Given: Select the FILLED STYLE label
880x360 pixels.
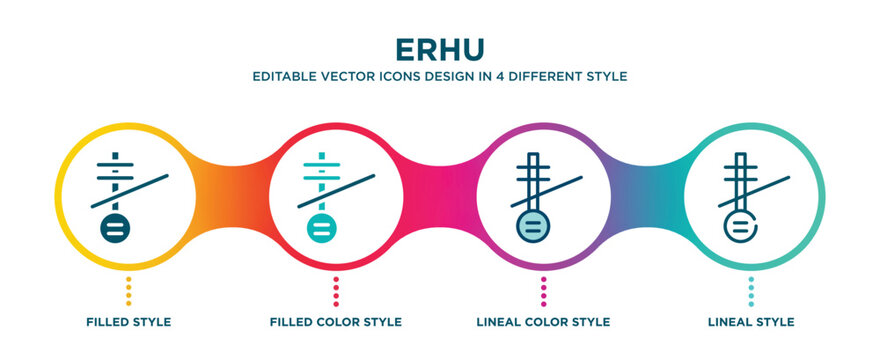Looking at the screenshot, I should (x=128, y=322).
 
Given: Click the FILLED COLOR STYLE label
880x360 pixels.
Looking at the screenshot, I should (x=336, y=322).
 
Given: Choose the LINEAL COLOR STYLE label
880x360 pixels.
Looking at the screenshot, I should (x=543, y=322).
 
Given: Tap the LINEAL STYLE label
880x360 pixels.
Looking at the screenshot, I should (x=751, y=322).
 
